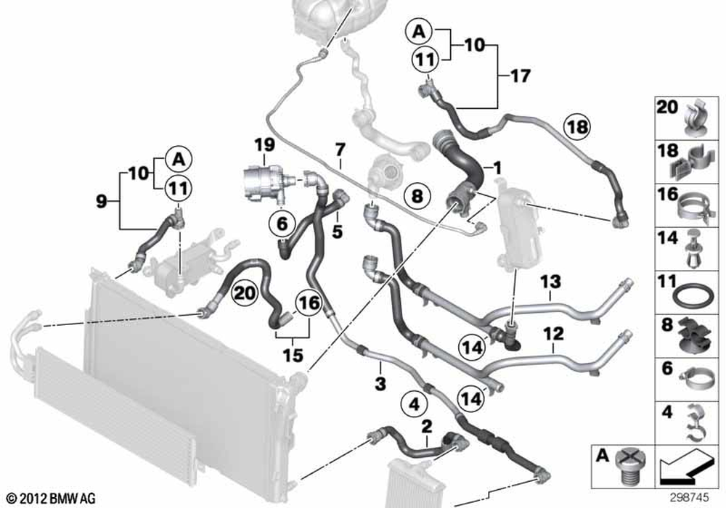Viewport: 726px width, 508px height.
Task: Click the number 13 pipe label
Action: (550, 281)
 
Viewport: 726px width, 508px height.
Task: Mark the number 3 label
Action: (380, 382)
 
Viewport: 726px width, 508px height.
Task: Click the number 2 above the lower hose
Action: (427, 424)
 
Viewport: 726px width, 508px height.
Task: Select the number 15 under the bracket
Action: (293, 356)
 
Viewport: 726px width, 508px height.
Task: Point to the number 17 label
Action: (520, 75)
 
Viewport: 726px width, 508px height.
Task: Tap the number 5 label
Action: (337, 232)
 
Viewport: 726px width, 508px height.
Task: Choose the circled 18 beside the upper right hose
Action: (579, 127)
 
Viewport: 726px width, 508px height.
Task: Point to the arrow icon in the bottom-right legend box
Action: (683, 464)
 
